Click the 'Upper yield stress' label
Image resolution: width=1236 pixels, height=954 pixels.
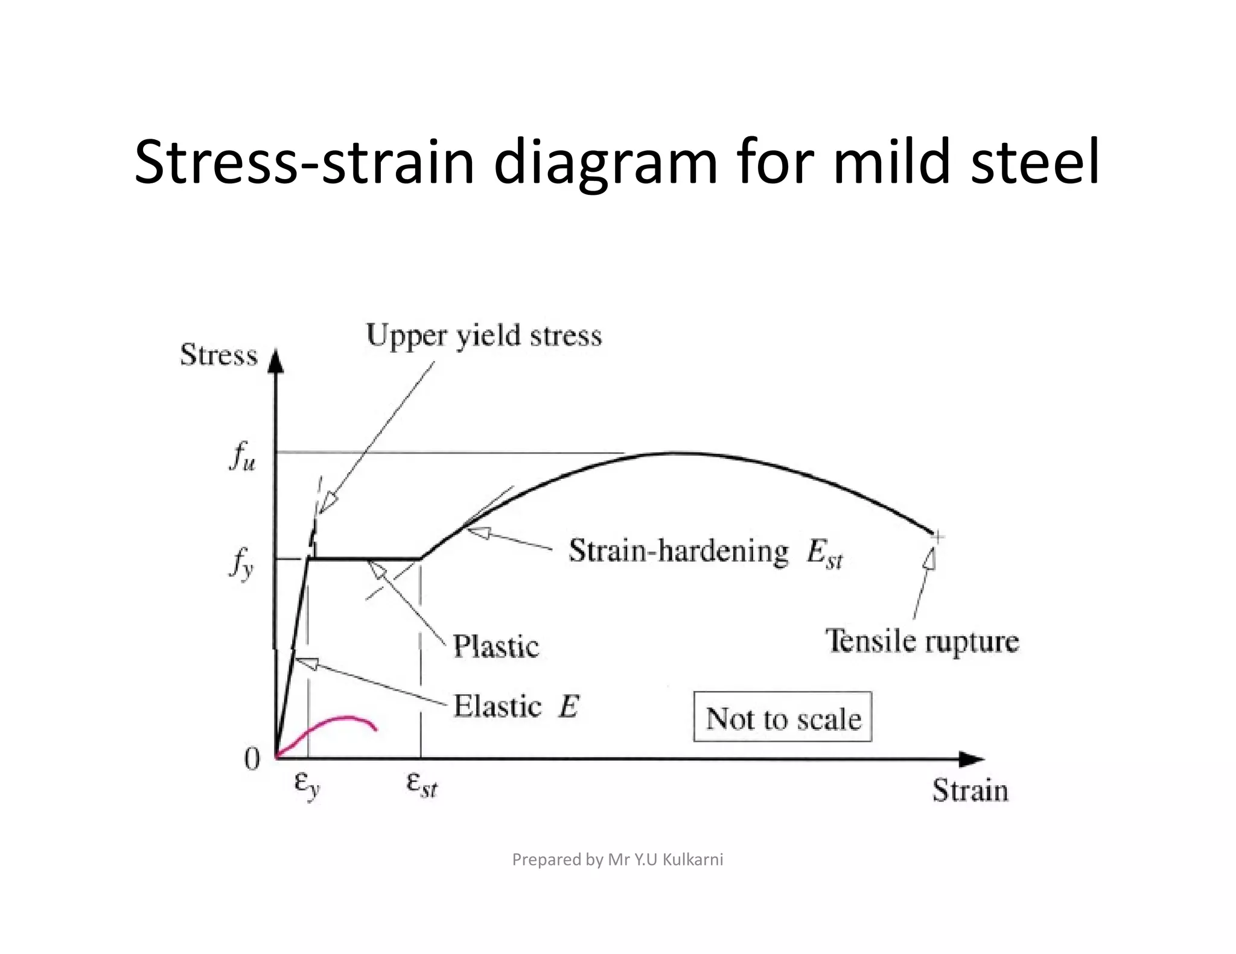click(x=484, y=336)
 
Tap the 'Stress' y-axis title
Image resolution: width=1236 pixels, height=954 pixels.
click(x=218, y=355)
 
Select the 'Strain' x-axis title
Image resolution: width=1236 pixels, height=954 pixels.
click(x=970, y=791)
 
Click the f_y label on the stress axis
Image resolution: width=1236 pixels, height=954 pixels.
click(x=241, y=565)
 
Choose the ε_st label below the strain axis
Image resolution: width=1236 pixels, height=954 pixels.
click(x=421, y=785)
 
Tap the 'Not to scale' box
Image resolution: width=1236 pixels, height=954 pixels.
click(x=783, y=717)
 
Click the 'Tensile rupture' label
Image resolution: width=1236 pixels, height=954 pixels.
click(x=922, y=641)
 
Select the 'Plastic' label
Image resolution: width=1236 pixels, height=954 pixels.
click(x=495, y=646)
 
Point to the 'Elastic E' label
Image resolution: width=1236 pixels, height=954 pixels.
click(x=516, y=706)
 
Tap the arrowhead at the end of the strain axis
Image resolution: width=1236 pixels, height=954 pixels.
click(x=971, y=759)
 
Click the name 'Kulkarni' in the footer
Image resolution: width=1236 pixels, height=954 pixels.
click(x=693, y=859)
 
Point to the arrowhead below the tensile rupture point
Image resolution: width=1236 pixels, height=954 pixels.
click(x=931, y=558)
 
